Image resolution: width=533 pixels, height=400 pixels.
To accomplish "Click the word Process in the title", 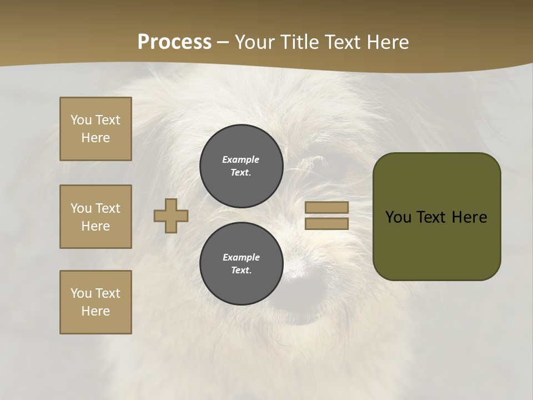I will coord(174,42).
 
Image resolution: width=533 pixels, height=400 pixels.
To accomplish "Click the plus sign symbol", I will coord(171,216).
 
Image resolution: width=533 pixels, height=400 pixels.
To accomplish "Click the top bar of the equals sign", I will coord(326,207).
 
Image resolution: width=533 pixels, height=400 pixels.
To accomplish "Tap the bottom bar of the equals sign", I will coord(326,223).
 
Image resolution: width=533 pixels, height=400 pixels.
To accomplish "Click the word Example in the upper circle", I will coord(240,159).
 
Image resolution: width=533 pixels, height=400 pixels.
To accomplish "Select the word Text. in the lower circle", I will coord(241,271).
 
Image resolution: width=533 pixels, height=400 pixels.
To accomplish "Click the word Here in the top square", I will coord(95,138).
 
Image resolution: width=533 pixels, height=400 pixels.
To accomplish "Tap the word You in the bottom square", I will coord(81,293).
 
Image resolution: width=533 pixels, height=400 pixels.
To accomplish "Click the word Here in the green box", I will coord(469,217).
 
